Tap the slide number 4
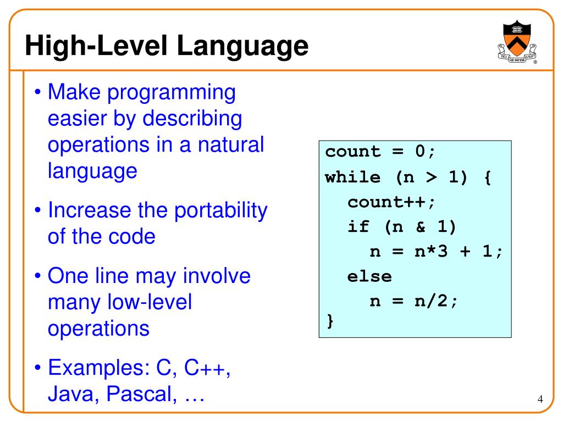click(540, 399)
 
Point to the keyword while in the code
click(352, 177)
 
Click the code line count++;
click(391, 202)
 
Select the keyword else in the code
click(369, 276)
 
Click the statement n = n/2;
click(413, 301)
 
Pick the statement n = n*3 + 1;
click(435, 251)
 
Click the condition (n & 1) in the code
click(421, 226)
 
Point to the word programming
click(172, 92)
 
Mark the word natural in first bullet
click(230, 145)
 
